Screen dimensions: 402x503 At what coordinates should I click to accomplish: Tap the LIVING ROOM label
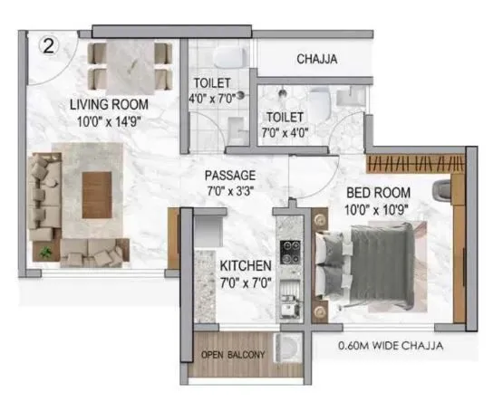[109, 105]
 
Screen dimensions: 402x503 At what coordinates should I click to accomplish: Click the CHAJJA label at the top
[318, 60]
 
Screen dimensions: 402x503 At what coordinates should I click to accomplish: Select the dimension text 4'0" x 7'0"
[210, 98]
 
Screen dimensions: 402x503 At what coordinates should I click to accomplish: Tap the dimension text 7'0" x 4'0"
[284, 132]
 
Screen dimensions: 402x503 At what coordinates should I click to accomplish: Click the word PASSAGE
[230, 175]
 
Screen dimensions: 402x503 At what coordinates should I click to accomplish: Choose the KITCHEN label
[245, 266]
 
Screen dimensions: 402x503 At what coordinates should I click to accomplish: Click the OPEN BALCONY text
[233, 354]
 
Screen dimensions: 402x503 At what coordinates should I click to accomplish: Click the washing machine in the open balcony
[288, 349]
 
